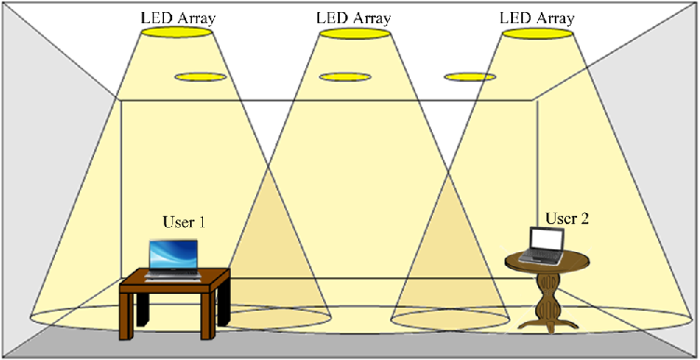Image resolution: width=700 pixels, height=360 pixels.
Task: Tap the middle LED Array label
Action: (x=355, y=18)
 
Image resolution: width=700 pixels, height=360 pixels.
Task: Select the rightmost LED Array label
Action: (x=536, y=18)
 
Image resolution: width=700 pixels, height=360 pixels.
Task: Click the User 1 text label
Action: (x=183, y=222)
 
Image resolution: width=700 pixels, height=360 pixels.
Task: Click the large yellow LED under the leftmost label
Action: (x=181, y=33)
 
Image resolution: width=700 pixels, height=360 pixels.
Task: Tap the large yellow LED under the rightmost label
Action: (x=537, y=33)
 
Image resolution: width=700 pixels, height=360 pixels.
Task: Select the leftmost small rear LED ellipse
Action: (x=200, y=76)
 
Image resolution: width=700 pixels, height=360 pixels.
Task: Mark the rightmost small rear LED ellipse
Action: (x=469, y=76)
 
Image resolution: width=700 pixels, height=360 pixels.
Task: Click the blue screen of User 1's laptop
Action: (x=174, y=253)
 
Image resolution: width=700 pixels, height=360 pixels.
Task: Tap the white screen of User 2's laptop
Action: (x=547, y=240)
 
